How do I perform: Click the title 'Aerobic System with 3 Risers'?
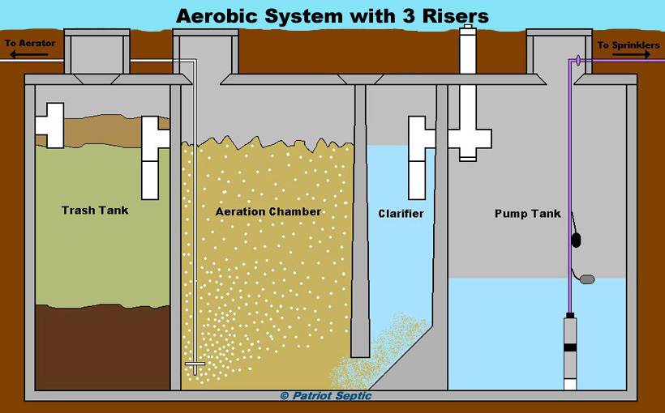pyautogui.click(x=332, y=15)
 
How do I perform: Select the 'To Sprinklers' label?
pyautogui.click(x=629, y=45)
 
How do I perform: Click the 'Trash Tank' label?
pyautogui.click(x=95, y=211)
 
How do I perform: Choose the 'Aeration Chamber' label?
pyautogui.click(x=268, y=212)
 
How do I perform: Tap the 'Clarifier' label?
pyautogui.click(x=401, y=214)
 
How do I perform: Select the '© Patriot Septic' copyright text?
pyautogui.click(x=325, y=396)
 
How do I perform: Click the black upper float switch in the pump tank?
pyautogui.click(x=577, y=239)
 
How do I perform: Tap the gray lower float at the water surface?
pyautogui.click(x=586, y=279)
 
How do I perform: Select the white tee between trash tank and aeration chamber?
pyautogui.click(x=154, y=154)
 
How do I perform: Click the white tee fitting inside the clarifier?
pyautogui.click(x=418, y=150)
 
